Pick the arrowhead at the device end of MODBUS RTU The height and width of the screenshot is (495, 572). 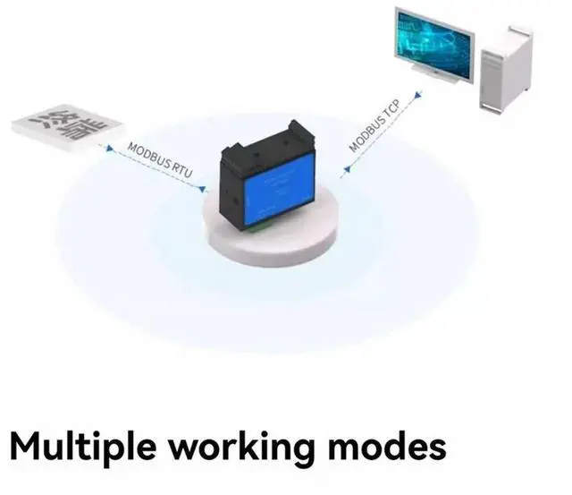[x=203, y=189]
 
